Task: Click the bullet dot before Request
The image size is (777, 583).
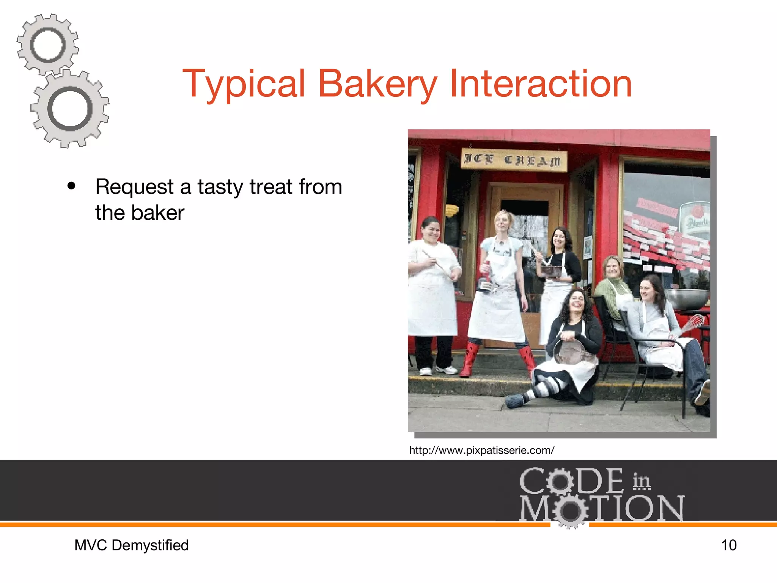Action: [71, 186]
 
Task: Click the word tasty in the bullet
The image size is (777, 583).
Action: [220, 187]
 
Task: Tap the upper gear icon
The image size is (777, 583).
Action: [47, 45]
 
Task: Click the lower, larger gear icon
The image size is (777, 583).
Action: [70, 109]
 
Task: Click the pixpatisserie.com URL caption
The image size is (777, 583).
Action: [481, 451]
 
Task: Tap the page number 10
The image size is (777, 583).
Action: [728, 545]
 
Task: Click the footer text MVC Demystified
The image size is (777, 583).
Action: [131, 545]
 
